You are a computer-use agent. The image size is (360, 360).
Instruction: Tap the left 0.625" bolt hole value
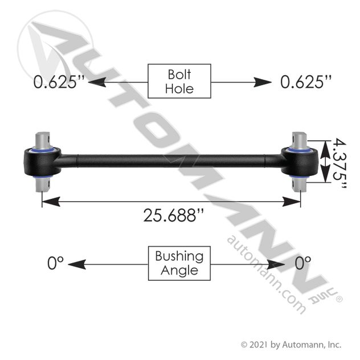pos(59,81)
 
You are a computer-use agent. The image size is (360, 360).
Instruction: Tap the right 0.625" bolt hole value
pos(306,81)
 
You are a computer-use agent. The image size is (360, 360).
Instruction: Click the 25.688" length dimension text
pos(174,215)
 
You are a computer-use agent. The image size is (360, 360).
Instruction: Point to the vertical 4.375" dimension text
pos(339,163)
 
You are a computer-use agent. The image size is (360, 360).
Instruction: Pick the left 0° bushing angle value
pos(55,263)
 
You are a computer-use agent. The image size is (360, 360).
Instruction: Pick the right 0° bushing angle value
pos(303,263)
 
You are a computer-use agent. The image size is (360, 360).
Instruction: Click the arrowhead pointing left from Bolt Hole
pos(97,82)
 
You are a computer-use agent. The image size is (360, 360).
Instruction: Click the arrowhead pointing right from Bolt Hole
pos(263,82)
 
